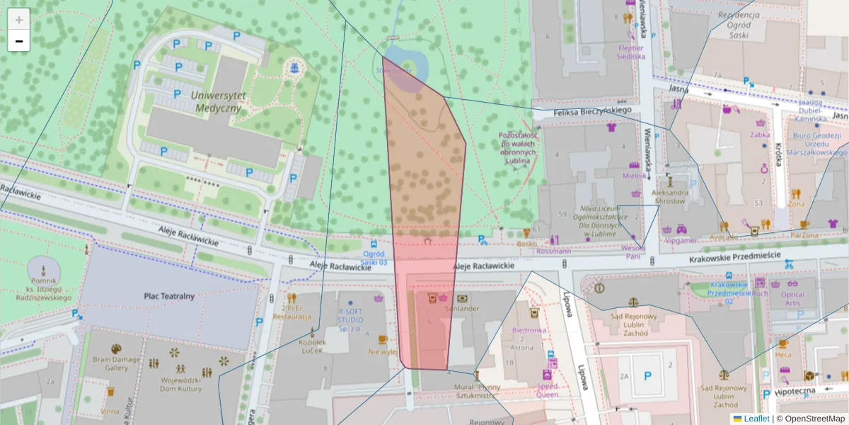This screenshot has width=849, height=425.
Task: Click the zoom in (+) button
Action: click(19, 19)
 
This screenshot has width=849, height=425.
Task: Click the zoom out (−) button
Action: click(19, 41)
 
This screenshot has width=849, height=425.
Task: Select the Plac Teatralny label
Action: click(168, 296)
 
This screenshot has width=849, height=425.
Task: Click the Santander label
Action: click(462, 309)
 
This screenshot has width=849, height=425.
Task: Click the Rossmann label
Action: click(553, 251)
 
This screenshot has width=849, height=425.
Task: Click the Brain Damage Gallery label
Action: click(116, 363)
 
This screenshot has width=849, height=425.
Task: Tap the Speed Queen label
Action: click(547, 391)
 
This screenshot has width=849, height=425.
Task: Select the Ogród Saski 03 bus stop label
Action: click(374, 258)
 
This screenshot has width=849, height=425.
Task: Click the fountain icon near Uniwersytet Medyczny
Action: click(293, 67)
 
